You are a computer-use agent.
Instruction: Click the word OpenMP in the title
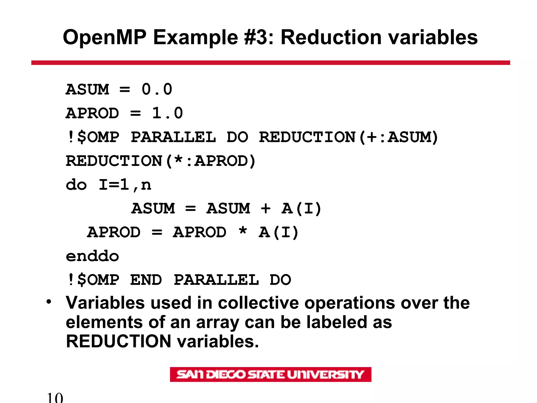point(104,38)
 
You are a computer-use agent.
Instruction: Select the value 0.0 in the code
point(157,89)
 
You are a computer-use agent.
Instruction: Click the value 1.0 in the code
point(167,113)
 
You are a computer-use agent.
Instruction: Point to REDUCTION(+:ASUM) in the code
point(348,137)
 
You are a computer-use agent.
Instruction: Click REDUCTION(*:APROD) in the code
point(160,161)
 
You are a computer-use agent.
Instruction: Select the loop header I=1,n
point(125,185)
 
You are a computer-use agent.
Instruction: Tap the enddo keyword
point(92,256)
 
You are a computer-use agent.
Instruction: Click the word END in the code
point(146,280)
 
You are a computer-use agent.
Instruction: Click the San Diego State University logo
point(270,374)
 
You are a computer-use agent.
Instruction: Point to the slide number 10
point(55,397)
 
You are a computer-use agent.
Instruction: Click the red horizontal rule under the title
point(270,63)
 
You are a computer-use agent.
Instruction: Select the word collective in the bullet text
point(258,303)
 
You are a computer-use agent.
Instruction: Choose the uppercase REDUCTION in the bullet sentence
point(119,341)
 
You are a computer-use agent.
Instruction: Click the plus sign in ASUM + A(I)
point(265,209)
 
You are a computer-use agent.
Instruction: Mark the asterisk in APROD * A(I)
point(243,231)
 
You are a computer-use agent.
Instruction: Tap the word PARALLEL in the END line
point(216,280)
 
